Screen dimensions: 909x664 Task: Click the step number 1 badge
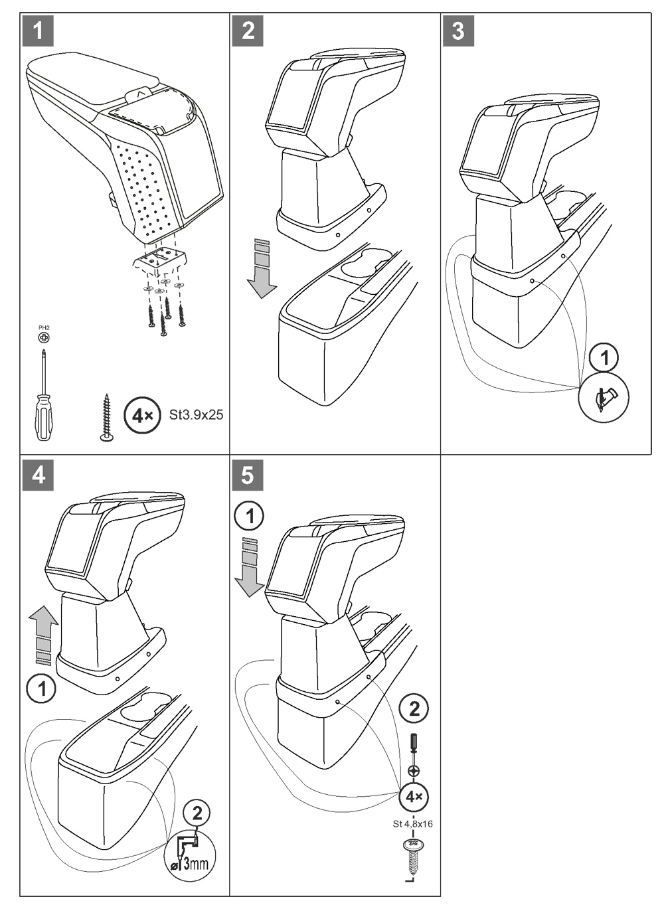[x=38, y=31]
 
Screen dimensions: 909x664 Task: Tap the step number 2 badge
[x=248, y=31]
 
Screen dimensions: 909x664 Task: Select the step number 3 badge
[x=457, y=31]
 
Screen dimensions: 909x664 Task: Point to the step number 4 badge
[x=38, y=475]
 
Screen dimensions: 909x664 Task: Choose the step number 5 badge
[x=248, y=475]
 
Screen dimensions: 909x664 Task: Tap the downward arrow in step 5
[x=250, y=566]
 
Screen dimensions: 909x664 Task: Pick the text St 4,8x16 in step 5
[x=413, y=825]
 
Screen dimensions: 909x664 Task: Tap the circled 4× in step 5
[x=414, y=796]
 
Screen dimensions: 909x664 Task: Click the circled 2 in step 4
[x=197, y=812]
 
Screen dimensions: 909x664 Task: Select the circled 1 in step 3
[x=604, y=359]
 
